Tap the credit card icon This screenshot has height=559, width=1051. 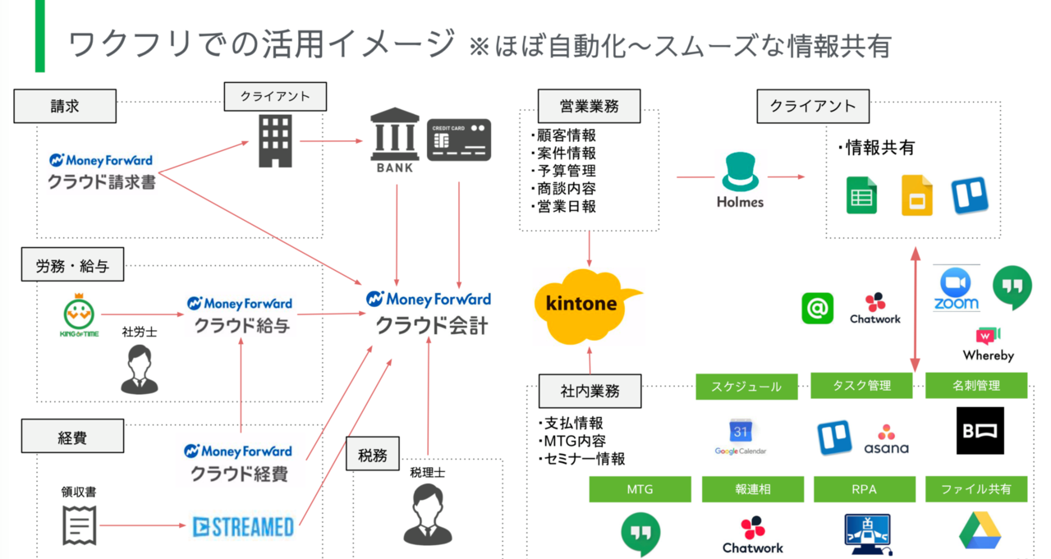pos(459,140)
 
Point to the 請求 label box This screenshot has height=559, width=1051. pos(65,106)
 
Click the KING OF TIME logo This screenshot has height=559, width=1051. pos(79,313)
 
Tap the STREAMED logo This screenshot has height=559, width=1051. pos(243,526)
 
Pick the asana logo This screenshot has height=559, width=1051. pos(886,439)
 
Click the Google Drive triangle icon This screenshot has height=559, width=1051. pos(980,529)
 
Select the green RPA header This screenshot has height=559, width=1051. pos(865,490)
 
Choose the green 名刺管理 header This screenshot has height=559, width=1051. pos(976,386)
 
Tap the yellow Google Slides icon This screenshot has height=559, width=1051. pos(917,195)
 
